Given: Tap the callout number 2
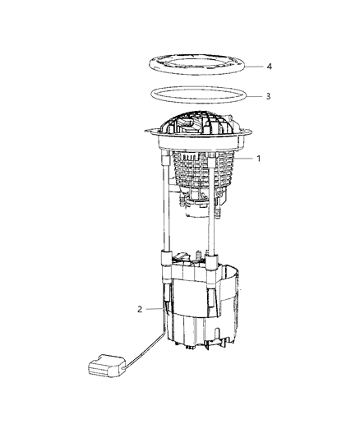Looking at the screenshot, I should point(140,310).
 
